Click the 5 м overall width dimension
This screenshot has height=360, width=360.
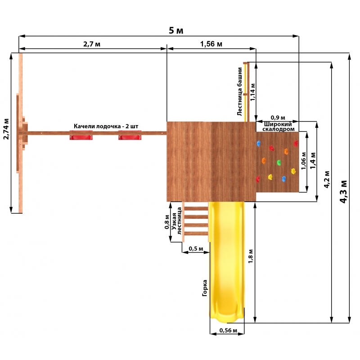point(176,30)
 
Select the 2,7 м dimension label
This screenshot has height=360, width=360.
point(92,44)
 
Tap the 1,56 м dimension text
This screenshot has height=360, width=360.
point(211,44)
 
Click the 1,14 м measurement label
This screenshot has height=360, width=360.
point(252,92)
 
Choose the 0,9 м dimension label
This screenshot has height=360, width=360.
point(278,117)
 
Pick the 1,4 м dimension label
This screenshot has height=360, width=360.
point(313,161)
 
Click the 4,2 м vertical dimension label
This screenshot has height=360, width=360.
point(327,179)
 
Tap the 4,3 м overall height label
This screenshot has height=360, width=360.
point(343,192)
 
